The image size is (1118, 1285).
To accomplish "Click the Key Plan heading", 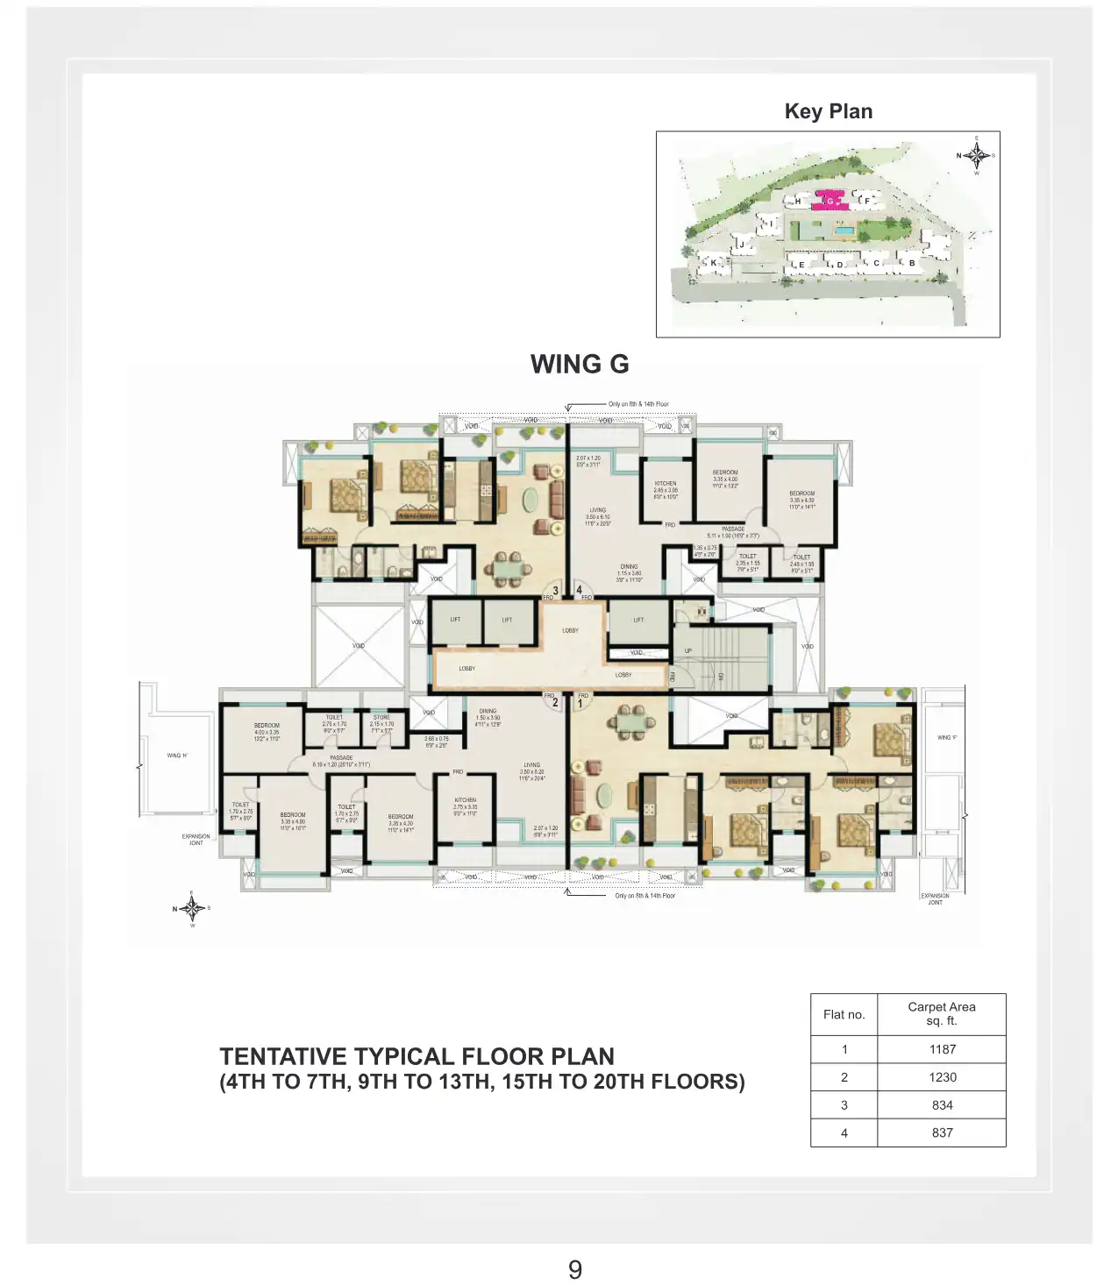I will pyautogui.click(x=828, y=111).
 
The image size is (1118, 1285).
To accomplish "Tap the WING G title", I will pyautogui.click(x=580, y=364).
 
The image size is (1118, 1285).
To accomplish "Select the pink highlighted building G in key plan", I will pyautogui.click(x=829, y=201).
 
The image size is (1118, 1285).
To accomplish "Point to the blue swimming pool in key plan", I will pyautogui.click(x=845, y=231).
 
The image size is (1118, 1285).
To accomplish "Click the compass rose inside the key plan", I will pyautogui.click(x=976, y=156).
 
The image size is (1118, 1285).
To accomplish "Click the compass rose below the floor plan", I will pyautogui.click(x=192, y=908).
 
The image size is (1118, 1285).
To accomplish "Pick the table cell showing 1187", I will pyautogui.click(x=942, y=1049).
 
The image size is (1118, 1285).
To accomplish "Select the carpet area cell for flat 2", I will pyautogui.click(x=942, y=1077).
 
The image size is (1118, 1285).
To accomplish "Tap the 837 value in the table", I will pyautogui.click(x=942, y=1132).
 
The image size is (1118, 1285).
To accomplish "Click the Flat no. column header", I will pyautogui.click(x=844, y=1014).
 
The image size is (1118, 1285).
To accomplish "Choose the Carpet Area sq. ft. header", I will pyautogui.click(x=941, y=1013).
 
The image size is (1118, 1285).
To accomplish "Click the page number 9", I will pyautogui.click(x=574, y=1269).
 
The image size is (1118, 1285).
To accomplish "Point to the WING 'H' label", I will pyautogui.click(x=177, y=755).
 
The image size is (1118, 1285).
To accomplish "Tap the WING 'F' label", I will pyautogui.click(x=947, y=737).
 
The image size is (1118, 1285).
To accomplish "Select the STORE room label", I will pyautogui.click(x=381, y=717).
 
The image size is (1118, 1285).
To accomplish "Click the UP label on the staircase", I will pyautogui.click(x=687, y=650).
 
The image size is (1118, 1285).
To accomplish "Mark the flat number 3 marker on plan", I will pyautogui.click(x=554, y=590).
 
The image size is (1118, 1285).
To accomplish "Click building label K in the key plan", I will pyautogui.click(x=714, y=262).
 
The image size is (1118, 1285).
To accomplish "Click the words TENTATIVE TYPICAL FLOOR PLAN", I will pyautogui.click(x=417, y=1056).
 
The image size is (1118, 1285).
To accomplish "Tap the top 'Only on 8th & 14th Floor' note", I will pyautogui.click(x=638, y=404).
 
